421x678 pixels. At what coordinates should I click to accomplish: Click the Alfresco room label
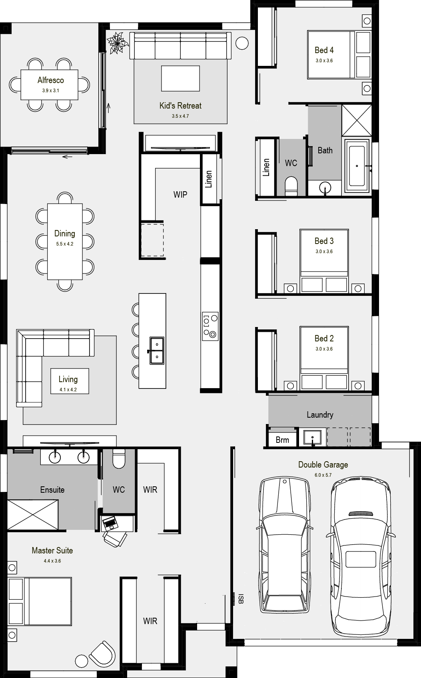tap(50, 80)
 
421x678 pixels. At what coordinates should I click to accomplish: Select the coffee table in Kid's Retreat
tap(180, 79)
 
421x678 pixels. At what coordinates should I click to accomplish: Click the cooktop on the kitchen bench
tap(210, 326)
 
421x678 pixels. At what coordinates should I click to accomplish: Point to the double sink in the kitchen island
tap(157, 350)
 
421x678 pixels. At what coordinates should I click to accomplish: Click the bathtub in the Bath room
tap(357, 166)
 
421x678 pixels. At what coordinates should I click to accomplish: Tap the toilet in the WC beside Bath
tap(291, 187)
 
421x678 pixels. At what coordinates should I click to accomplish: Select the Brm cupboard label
tap(282, 440)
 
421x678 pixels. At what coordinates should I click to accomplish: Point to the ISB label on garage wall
tap(240, 599)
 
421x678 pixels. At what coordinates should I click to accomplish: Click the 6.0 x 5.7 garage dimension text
tap(323, 475)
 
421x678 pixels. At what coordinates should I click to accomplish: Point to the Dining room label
tap(65, 234)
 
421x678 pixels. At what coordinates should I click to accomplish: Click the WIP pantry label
tap(180, 194)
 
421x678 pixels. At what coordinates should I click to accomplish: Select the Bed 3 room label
tap(324, 241)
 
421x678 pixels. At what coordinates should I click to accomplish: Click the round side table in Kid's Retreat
tap(242, 43)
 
